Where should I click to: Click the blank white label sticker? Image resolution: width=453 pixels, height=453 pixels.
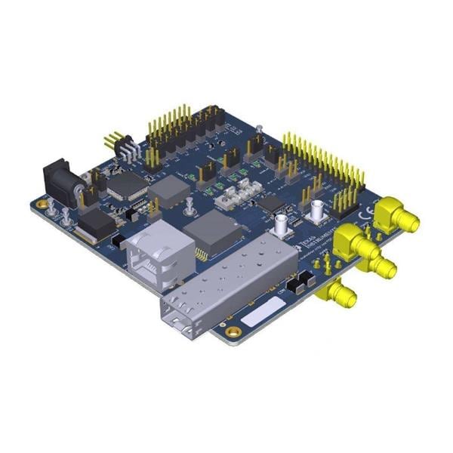click(x=263, y=310)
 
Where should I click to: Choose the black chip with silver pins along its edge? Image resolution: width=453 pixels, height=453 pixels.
click(x=127, y=184)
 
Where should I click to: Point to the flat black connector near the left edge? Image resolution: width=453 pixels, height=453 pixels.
click(x=97, y=223)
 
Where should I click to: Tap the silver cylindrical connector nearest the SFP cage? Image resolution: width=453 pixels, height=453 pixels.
click(x=282, y=224)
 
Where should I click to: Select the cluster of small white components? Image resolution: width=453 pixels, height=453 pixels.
click(x=236, y=196)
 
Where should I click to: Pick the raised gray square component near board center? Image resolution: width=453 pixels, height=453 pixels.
click(x=171, y=192)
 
